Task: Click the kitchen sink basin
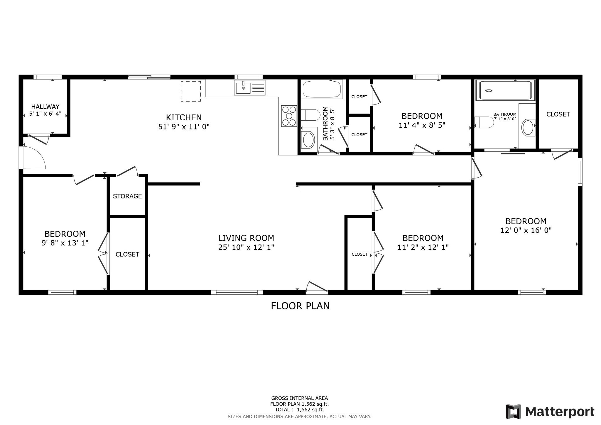coord(243,88)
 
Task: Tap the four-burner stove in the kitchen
coord(289,116)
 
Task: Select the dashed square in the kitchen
coord(191,91)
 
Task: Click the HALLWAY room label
coord(45,107)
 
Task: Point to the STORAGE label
coord(127,196)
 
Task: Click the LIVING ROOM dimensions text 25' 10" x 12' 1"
coord(246,247)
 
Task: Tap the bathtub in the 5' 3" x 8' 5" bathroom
coord(322,89)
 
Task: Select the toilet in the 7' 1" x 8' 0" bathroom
coord(484,122)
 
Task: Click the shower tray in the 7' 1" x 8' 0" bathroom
coord(505,90)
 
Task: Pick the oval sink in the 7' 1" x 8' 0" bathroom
coord(528,127)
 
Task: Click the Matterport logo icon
coord(513,411)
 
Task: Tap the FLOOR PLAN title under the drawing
coord(300,306)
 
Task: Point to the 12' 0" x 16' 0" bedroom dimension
coord(526,230)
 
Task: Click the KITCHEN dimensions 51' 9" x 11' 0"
coord(184,127)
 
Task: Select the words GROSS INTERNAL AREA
coord(300,398)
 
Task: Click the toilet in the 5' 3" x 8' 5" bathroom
coord(310,115)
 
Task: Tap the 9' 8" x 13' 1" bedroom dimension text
coord(65,243)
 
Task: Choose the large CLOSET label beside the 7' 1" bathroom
coord(558,114)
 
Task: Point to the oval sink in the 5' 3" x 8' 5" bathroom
coord(309,140)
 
